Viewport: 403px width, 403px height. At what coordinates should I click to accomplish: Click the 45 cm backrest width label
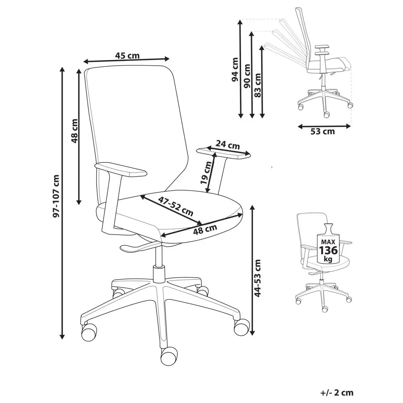pyautogui.click(x=127, y=55)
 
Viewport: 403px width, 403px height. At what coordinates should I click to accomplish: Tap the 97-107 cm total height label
pyautogui.click(x=56, y=196)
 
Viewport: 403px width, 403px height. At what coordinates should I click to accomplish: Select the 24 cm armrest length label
pyautogui.click(x=227, y=145)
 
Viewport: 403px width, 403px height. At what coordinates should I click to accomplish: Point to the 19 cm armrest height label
pyautogui.click(x=206, y=172)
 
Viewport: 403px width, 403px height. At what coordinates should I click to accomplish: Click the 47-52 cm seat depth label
pyautogui.click(x=175, y=206)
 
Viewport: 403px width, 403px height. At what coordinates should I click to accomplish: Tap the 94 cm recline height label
pyautogui.click(x=235, y=70)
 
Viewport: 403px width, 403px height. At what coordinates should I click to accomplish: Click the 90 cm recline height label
pyautogui.click(x=247, y=76)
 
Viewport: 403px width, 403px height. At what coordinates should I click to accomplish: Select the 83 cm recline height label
pyautogui.click(x=258, y=85)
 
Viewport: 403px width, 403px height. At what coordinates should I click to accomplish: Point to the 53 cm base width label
pyautogui.click(x=322, y=132)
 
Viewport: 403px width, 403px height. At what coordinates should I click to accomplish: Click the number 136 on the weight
pyautogui.click(x=328, y=250)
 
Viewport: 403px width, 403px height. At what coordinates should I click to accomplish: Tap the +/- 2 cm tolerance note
pyautogui.click(x=337, y=393)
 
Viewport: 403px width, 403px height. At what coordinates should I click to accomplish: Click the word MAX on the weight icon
pyautogui.click(x=328, y=242)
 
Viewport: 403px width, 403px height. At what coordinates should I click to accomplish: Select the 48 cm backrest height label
pyautogui.click(x=74, y=131)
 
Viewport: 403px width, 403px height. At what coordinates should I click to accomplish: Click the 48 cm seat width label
pyautogui.click(x=205, y=229)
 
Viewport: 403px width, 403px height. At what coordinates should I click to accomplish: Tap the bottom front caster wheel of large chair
pyautogui.click(x=169, y=356)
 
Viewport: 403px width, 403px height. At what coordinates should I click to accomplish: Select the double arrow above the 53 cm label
pyautogui.click(x=324, y=126)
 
